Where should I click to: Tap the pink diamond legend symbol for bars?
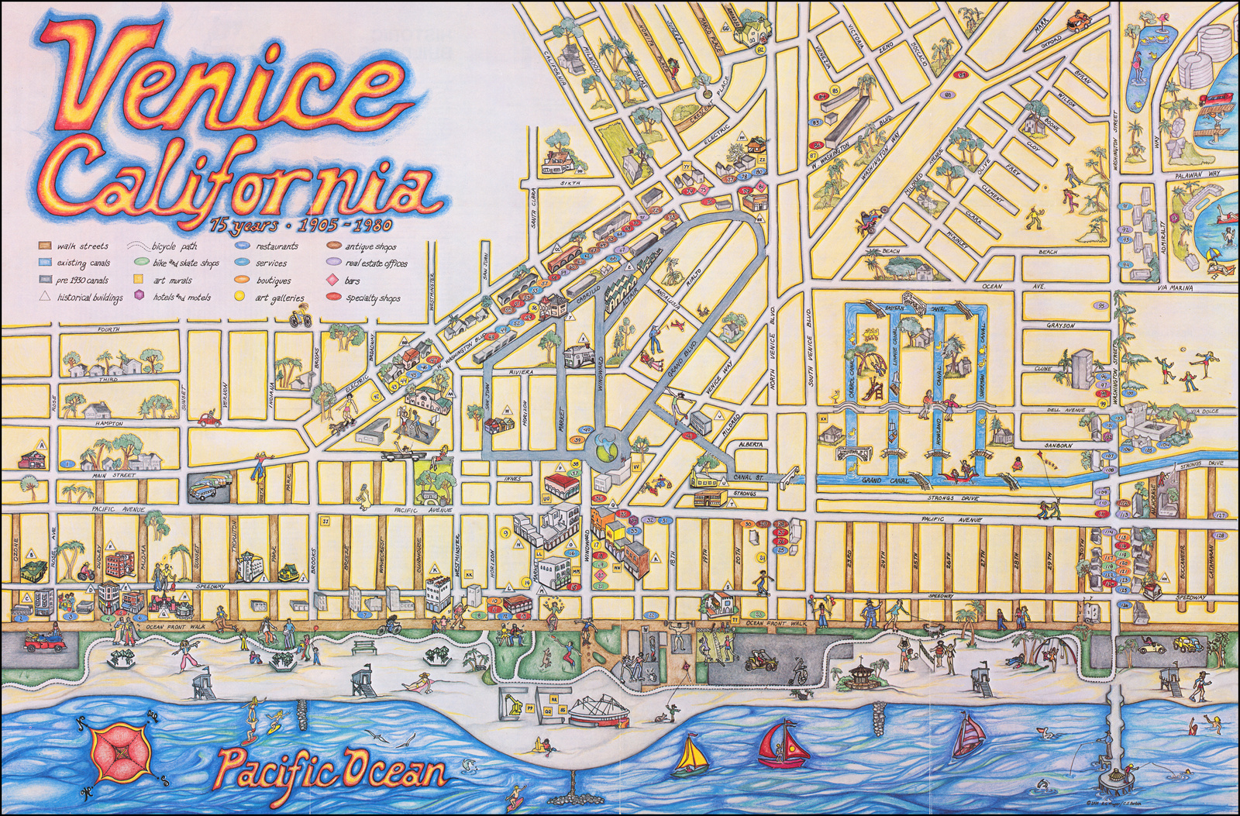331,281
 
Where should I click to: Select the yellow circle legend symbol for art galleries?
239,298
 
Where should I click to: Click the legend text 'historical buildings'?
90,298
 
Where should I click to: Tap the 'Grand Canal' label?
881,481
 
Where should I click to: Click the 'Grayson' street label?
1060,326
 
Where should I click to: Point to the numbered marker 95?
1102,306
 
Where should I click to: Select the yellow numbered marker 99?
1102,405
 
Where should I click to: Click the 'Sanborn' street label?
1058,446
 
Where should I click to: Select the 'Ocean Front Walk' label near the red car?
166,626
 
